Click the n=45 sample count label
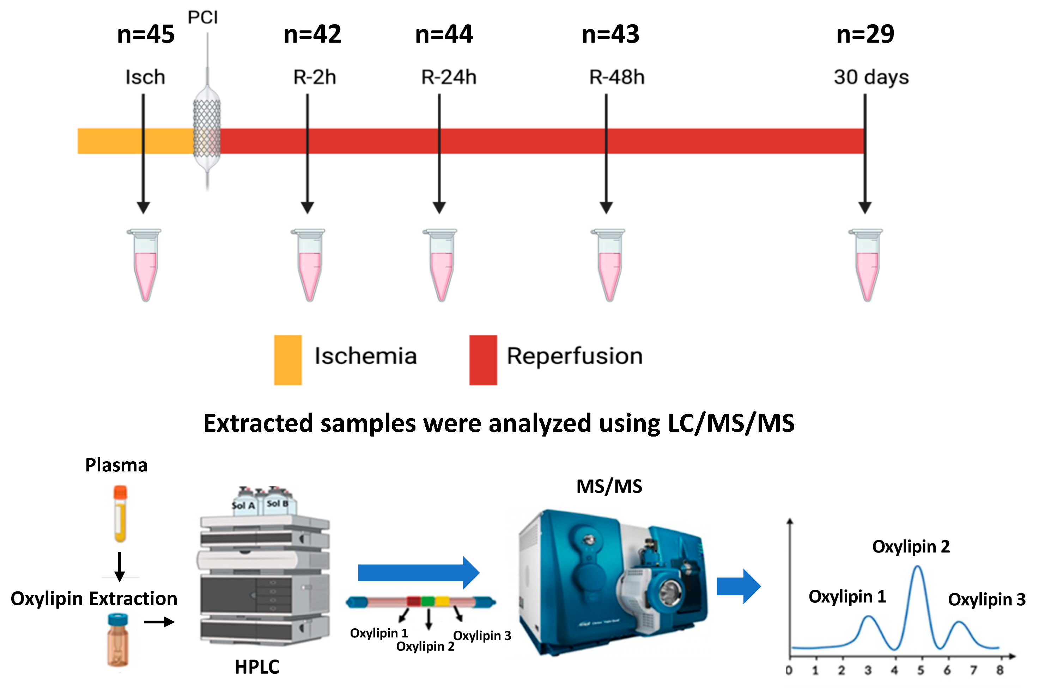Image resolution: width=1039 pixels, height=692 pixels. coord(146,35)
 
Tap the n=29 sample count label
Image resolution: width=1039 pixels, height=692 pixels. coord(865,35)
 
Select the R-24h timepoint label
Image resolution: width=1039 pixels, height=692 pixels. coord(448,77)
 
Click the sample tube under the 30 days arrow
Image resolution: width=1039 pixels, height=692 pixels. coord(866,265)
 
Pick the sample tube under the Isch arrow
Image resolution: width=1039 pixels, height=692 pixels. coord(145,265)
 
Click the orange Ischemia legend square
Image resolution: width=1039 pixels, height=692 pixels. coord(287,360)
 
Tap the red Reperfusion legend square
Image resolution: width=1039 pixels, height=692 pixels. coord(483,360)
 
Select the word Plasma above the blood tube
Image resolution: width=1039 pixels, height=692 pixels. coord(116,465)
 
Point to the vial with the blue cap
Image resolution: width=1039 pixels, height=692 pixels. coord(118,640)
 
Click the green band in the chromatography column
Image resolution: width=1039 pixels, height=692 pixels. coord(427,601)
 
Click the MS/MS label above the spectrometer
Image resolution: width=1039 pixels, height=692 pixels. coord(609,486)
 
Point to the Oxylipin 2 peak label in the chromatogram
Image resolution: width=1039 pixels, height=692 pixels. coord(911,547)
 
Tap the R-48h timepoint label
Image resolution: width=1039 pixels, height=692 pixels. coord(617,77)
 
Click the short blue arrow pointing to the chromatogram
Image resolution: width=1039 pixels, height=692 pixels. coord(738,586)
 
